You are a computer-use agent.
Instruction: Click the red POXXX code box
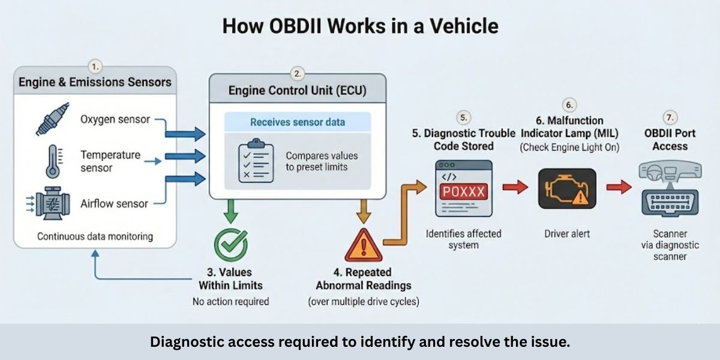[463, 192]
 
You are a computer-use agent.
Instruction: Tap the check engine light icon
[566, 188]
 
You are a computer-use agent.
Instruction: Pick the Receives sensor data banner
[298, 122]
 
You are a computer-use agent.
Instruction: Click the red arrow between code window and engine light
[514, 188]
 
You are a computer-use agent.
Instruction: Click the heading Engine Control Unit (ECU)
[298, 91]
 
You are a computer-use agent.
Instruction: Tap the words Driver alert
[566, 233]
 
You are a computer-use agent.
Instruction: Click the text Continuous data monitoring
[95, 236]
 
